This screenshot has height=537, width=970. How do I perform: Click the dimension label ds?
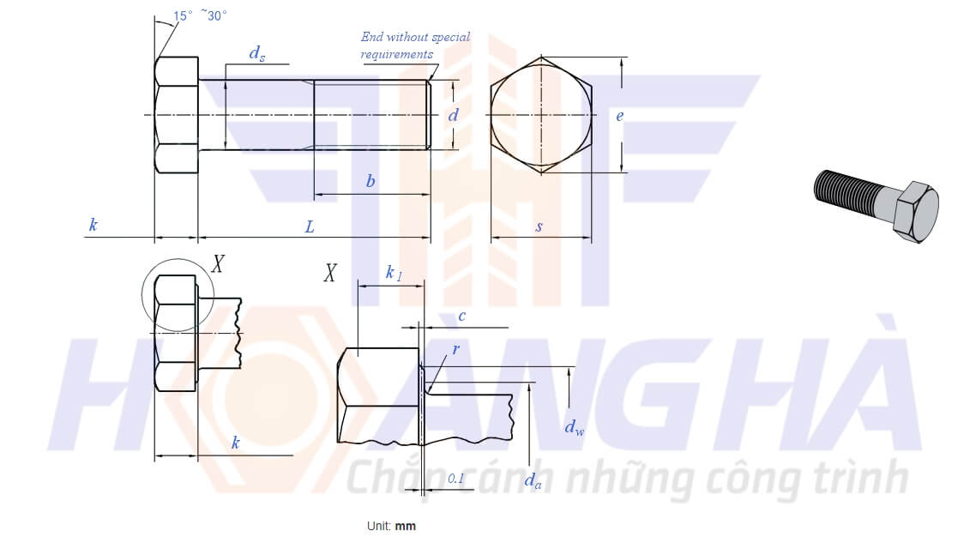(257, 54)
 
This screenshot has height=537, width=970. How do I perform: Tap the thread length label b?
(371, 181)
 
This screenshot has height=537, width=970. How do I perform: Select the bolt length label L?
(310, 227)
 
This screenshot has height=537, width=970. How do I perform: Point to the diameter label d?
(454, 114)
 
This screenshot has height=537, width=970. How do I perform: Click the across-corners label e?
(619, 116)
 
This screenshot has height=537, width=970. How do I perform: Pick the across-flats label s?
(539, 226)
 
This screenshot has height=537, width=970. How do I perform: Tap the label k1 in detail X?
(394, 272)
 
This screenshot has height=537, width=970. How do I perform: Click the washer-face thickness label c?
(461, 317)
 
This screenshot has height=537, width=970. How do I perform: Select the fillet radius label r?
(456, 349)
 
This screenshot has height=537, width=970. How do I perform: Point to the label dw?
(574, 427)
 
